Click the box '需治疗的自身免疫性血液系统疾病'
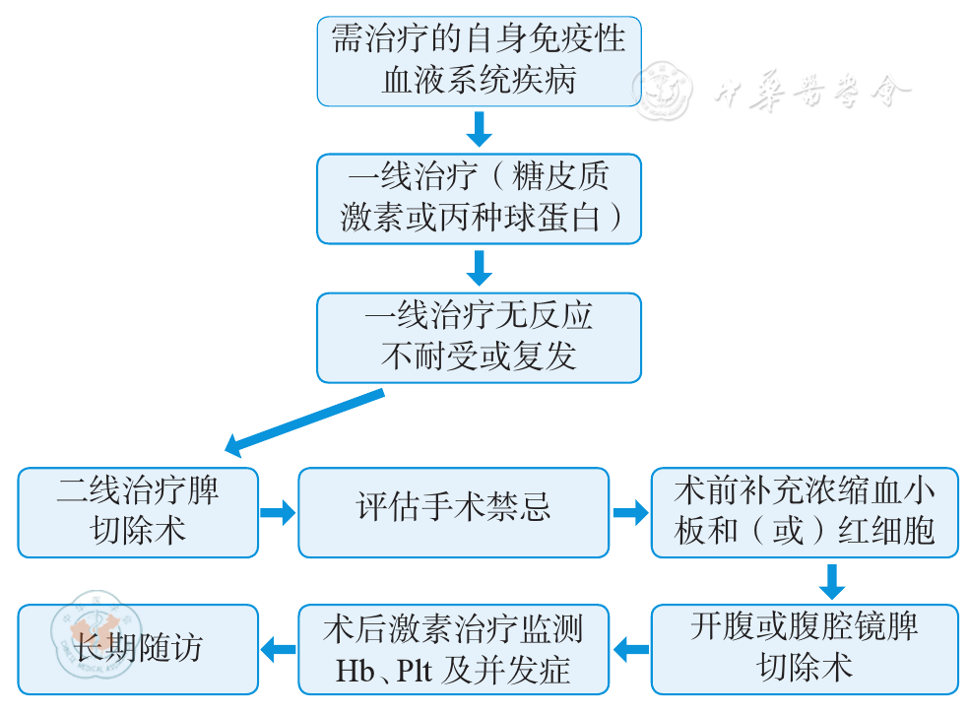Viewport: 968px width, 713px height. click(479, 59)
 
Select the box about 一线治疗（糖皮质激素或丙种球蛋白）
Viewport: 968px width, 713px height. click(479, 198)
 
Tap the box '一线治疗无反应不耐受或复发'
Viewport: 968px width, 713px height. click(479, 337)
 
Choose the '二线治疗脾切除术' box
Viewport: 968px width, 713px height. click(138, 512)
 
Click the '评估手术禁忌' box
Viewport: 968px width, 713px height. click(453, 512)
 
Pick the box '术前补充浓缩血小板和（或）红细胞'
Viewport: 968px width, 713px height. click(805, 512)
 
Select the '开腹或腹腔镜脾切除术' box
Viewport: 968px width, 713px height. click(805, 649)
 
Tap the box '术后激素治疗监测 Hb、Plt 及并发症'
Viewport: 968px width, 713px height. click(453, 649)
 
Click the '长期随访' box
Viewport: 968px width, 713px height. click(138, 649)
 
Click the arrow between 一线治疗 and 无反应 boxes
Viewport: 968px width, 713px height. click(479, 267)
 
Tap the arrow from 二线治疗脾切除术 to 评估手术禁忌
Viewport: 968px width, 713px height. click(278, 512)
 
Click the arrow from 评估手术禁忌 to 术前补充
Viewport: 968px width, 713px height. click(630, 512)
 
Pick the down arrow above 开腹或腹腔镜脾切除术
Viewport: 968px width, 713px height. click(832, 581)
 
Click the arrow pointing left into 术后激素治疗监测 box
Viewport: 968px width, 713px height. click(630, 649)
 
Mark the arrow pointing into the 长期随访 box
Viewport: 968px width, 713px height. click(278, 649)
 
